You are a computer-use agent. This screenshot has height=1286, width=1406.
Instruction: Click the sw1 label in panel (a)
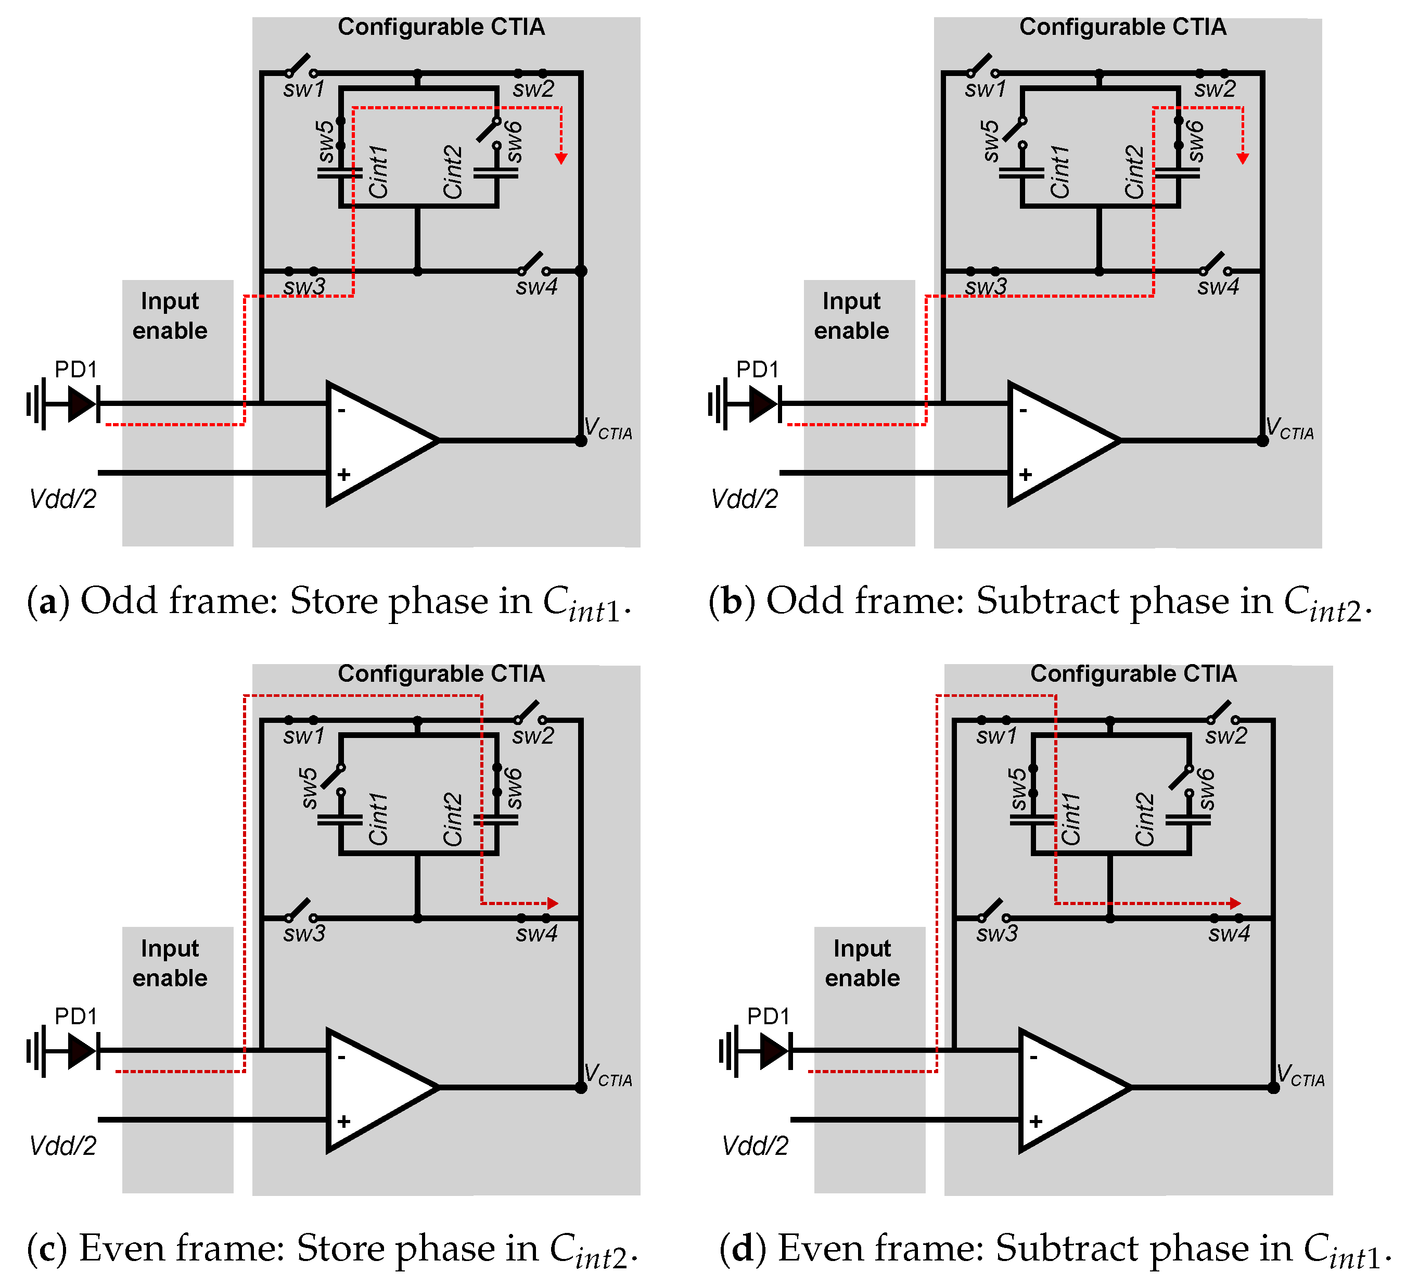pyautogui.click(x=304, y=90)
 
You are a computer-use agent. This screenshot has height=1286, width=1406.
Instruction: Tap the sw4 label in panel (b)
pyautogui.click(x=1218, y=287)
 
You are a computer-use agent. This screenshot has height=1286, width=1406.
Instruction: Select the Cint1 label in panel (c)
pyautogui.click(x=378, y=820)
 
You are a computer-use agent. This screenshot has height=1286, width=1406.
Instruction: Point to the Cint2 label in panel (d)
pyautogui.click(x=1144, y=820)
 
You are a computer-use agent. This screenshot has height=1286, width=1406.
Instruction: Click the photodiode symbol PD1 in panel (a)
pyautogui.click(x=82, y=403)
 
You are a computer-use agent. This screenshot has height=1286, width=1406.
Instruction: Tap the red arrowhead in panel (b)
pyautogui.click(x=1243, y=159)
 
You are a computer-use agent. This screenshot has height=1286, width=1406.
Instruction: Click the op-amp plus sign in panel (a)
pyautogui.click(x=343, y=475)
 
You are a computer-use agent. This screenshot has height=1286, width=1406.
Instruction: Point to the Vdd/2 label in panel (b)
pyautogui.click(x=744, y=499)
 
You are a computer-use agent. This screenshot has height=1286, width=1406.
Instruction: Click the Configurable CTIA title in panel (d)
pyautogui.click(x=1133, y=673)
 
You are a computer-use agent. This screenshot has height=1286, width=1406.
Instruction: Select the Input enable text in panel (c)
pyautogui.click(x=170, y=963)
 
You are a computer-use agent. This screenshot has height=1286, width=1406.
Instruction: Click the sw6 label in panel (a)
pyautogui.click(x=513, y=142)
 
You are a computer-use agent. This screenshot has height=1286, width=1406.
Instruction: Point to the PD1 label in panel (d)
pyautogui.click(x=768, y=1016)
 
